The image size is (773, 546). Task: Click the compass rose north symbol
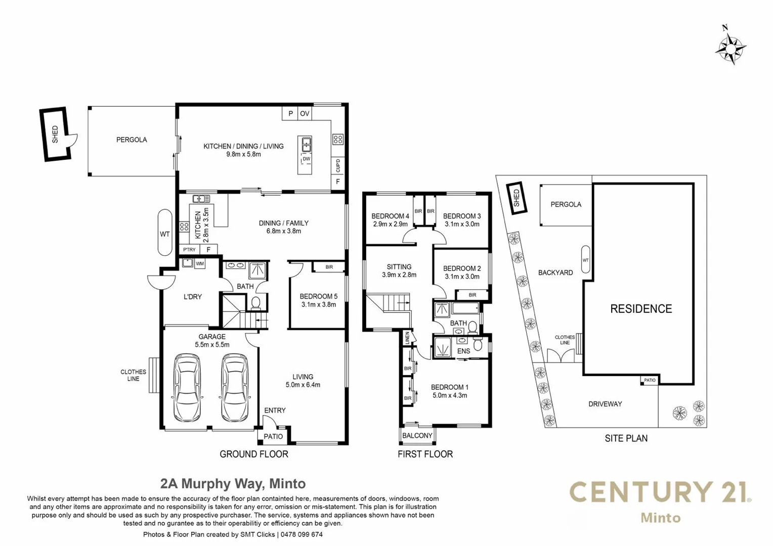[730, 50]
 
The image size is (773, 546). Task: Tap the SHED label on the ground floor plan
[55, 134]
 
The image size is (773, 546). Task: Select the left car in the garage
[187, 388]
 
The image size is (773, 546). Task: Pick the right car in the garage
[234, 388]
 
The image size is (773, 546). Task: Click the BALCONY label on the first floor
[417, 436]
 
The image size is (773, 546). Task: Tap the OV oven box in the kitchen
[305, 113]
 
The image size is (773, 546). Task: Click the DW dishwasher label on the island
[307, 159]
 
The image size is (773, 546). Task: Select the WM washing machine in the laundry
[200, 264]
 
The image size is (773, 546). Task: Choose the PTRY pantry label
[189, 250]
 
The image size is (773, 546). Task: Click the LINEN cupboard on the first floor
[407, 338]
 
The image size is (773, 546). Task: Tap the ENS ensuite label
[463, 351]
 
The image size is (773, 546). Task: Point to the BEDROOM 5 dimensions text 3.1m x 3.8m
[319, 304]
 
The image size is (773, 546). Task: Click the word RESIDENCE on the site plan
[641, 309]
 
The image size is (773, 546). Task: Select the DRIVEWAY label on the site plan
[605, 404]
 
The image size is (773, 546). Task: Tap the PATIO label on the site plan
[650, 380]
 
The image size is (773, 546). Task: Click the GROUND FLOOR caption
[254, 454]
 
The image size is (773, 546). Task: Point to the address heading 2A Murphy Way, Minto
[233, 484]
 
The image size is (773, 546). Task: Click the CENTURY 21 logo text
[660, 492]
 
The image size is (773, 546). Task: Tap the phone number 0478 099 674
[302, 534]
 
